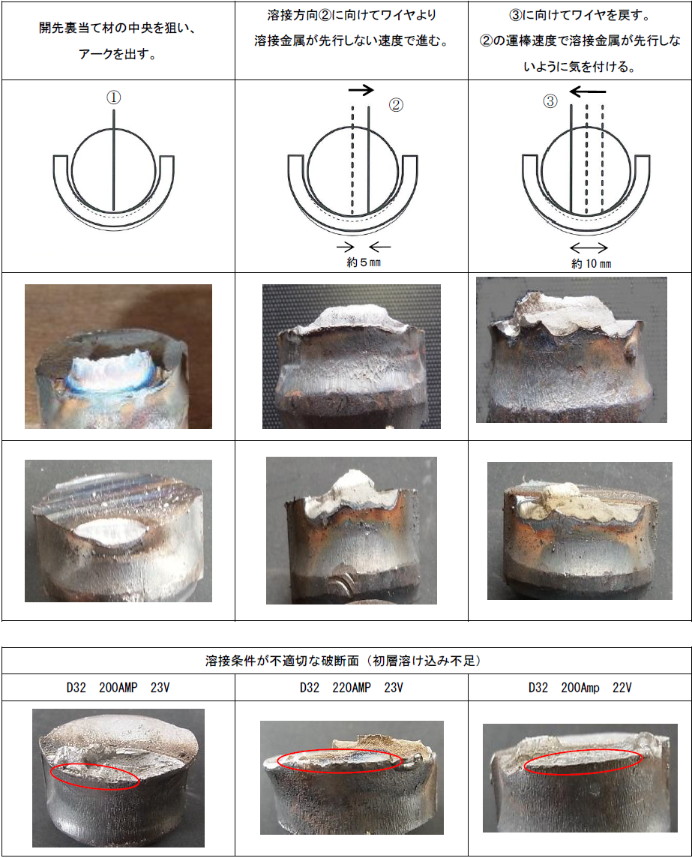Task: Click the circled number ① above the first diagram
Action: (113, 98)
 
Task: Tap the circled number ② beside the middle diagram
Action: (396, 105)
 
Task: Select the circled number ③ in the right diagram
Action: (550, 101)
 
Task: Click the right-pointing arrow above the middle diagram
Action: (361, 90)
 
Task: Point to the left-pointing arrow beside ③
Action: (588, 91)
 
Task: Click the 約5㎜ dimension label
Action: (364, 262)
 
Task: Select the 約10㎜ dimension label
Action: (592, 264)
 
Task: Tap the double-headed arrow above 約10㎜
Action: (589, 248)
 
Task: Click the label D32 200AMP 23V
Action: (118, 688)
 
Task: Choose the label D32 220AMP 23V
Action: (352, 688)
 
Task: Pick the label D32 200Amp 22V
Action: (580, 688)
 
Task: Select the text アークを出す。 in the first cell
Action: (118, 54)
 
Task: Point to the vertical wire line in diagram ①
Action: (114, 160)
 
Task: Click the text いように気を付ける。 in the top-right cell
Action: (580, 67)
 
